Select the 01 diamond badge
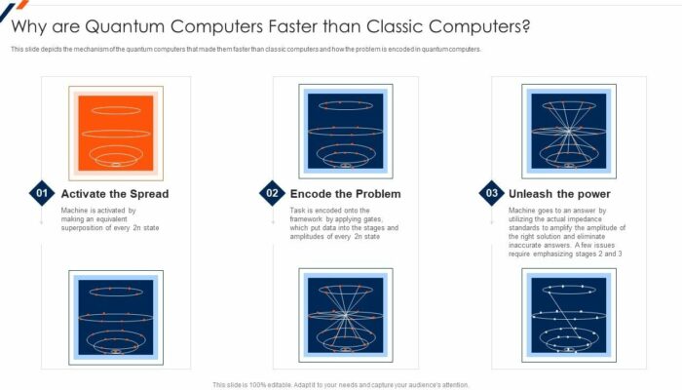coord(42,193)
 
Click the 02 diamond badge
coord(271,193)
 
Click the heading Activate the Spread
coord(114,194)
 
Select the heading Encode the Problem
coord(345,194)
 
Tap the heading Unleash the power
coord(559,194)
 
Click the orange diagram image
coord(116,132)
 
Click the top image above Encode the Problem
coord(345,131)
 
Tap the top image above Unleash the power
coord(569,131)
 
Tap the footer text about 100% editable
coord(341,384)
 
